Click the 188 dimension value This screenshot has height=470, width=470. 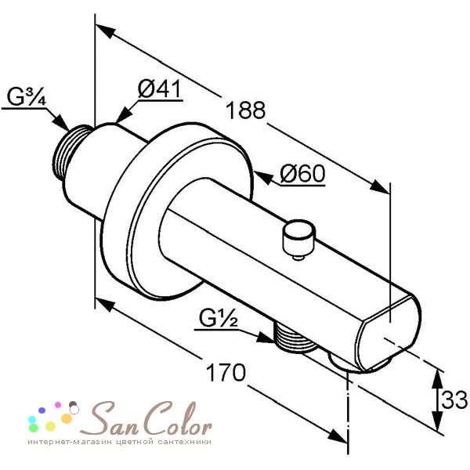tap(245, 110)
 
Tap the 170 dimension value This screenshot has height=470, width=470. tap(226, 373)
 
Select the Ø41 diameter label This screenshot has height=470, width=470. tap(160, 89)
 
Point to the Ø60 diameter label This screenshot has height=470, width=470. tap(302, 173)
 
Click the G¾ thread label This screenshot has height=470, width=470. tap(27, 96)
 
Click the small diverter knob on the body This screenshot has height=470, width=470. tap(298, 239)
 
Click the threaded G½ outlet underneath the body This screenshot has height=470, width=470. tap(295, 338)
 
